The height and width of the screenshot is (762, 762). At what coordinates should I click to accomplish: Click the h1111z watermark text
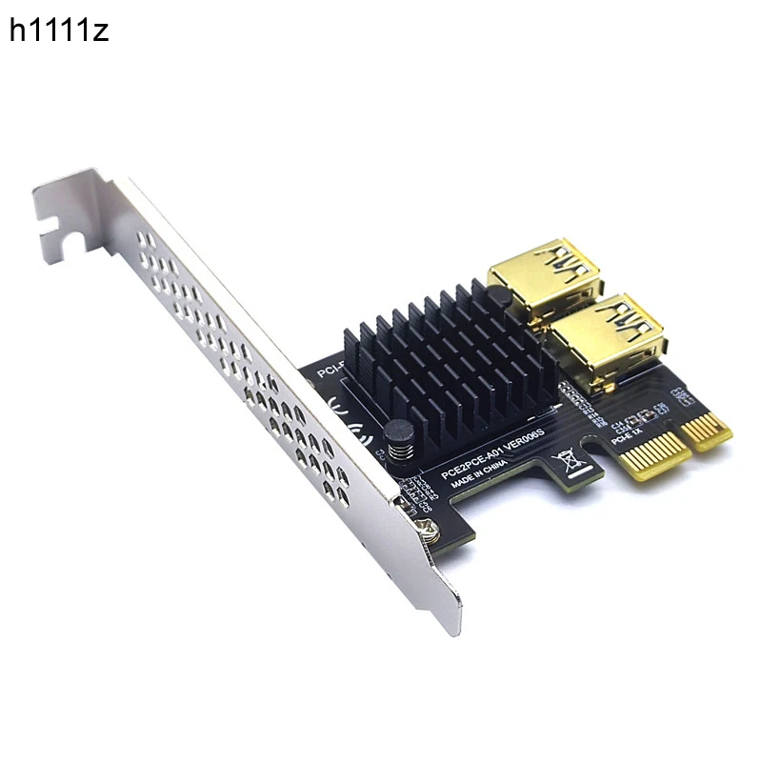(x=59, y=30)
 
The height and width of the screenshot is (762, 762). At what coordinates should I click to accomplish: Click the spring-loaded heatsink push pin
(x=399, y=441)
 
